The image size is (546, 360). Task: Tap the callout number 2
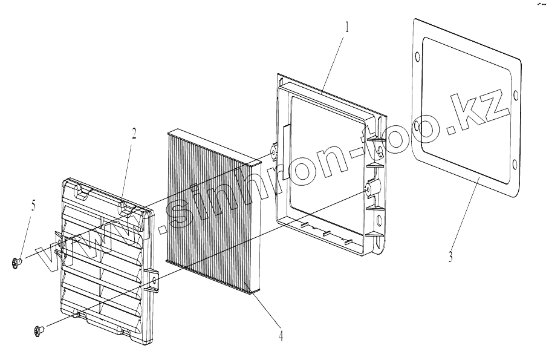point(134,133)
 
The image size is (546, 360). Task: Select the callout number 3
point(450,257)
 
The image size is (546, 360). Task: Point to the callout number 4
point(280,335)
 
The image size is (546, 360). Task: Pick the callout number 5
point(33,206)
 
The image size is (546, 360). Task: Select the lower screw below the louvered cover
point(39,330)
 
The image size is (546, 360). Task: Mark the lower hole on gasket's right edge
point(514,164)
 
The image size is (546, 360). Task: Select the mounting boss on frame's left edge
point(273,149)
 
